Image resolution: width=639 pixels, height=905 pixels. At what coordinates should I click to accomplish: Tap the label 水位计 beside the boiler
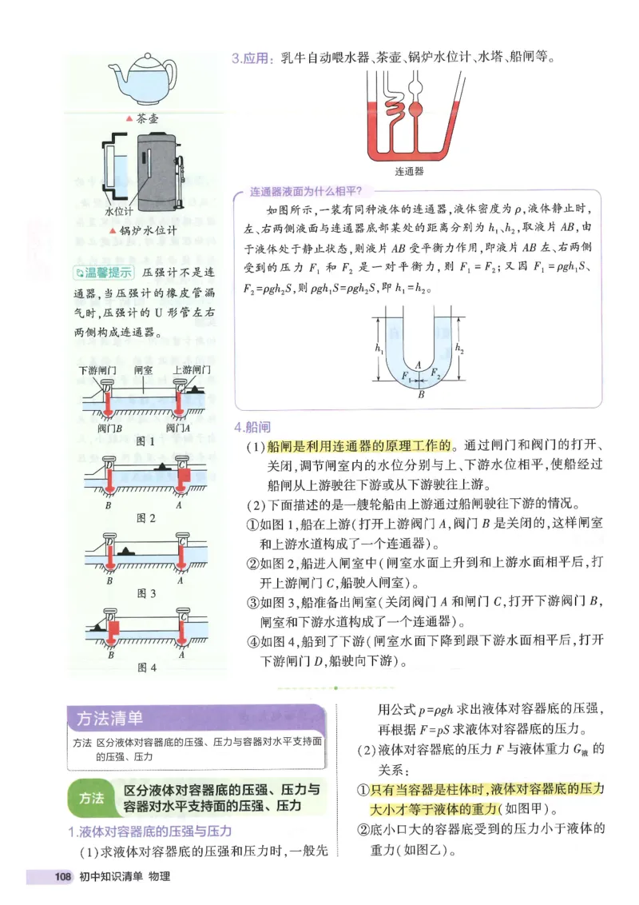[119, 212]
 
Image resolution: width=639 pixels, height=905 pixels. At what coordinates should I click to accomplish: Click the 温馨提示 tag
[101, 273]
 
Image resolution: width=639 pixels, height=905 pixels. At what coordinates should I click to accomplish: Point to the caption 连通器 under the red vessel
[409, 171]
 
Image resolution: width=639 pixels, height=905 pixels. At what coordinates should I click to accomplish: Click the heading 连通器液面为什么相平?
[306, 192]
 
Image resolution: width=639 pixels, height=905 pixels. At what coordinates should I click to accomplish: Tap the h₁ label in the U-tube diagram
[378, 349]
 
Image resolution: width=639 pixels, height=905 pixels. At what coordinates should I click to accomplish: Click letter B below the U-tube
[421, 393]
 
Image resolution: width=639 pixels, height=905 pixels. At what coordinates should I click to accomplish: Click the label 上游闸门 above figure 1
[191, 370]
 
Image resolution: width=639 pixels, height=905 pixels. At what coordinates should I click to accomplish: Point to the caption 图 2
[145, 518]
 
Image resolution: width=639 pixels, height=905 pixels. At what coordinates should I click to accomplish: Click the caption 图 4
[147, 667]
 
